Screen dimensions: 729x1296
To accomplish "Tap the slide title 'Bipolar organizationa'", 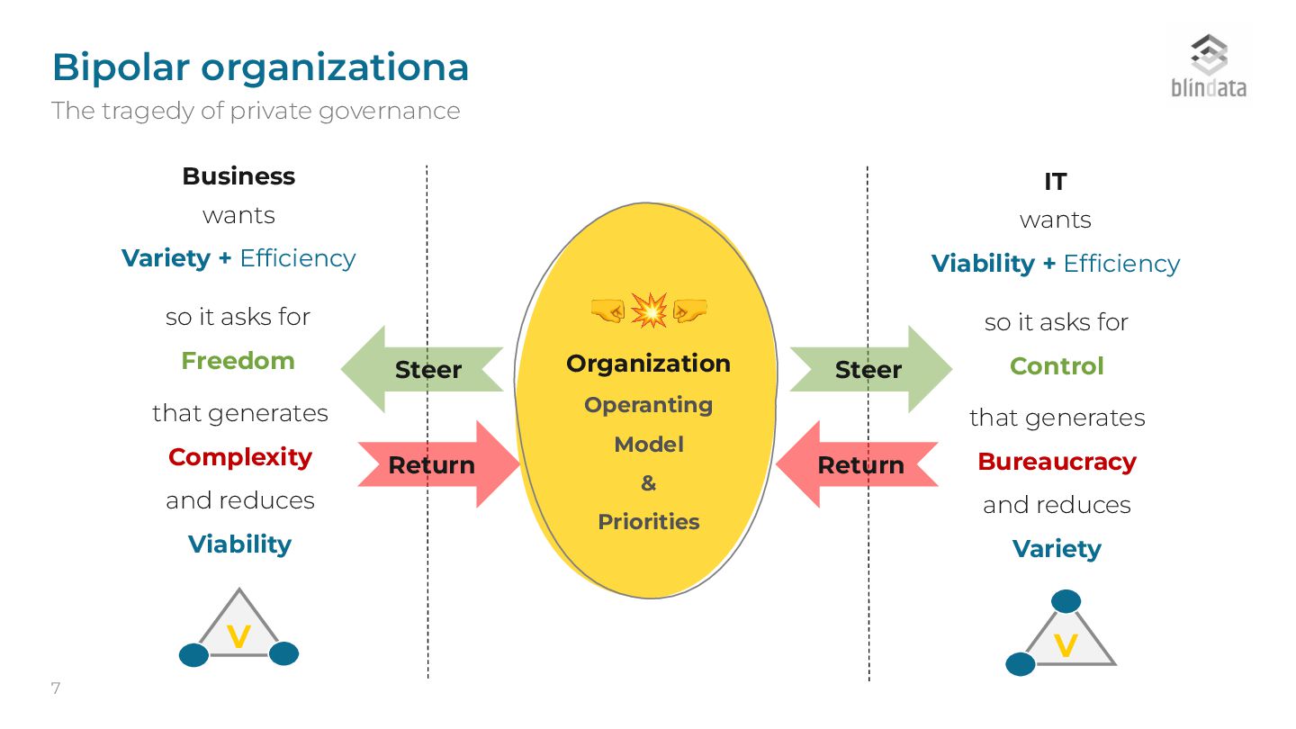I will coord(260,67).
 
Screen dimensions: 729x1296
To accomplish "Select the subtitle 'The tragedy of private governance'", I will coord(256,111).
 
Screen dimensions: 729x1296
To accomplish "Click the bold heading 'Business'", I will coord(238,176).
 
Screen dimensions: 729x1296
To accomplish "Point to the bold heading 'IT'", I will coord(1055,182).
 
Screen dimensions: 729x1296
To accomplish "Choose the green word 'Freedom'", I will coord(238,361).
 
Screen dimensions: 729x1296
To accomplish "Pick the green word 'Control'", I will coord(1057,366).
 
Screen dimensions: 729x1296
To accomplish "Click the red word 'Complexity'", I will coord(240,457).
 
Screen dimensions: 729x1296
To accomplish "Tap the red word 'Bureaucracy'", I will coord(1057,462).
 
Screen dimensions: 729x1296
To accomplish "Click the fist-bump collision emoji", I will coord(649,310).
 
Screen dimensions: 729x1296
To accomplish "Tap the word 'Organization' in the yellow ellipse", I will coord(648,364).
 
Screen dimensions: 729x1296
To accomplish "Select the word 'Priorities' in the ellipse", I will coord(648,522).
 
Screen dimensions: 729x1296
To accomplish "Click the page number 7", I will coord(56,689).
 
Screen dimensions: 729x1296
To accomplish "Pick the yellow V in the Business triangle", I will coord(238,637).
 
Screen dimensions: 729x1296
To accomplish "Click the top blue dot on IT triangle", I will coord(1066,601).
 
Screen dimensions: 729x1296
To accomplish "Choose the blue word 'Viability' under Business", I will coord(239,544).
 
